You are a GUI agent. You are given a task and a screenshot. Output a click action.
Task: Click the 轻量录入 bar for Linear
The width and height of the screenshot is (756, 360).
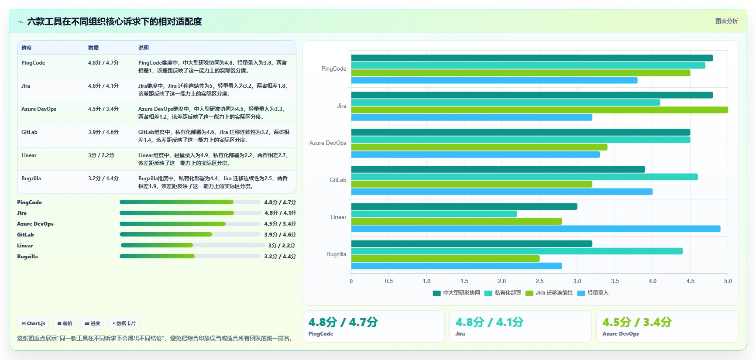click(x=536, y=229)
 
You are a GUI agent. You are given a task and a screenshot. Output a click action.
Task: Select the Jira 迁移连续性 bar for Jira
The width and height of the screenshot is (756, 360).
click(x=540, y=110)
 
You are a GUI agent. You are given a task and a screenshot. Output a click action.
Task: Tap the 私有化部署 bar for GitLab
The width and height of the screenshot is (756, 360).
click(x=524, y=177)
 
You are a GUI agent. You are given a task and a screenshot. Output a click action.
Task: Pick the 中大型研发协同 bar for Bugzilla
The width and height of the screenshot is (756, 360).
click(x=472, y=243)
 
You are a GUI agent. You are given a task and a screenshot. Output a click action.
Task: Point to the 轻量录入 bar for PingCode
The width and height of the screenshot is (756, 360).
click(x=494, y=80)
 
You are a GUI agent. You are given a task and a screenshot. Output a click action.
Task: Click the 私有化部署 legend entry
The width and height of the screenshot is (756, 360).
click(x=503, y=293)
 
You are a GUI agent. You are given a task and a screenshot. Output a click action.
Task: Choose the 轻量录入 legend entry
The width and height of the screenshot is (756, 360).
click(x=593, y=293)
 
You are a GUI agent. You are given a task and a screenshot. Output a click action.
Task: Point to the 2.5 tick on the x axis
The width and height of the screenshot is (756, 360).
click(x=540, y=281)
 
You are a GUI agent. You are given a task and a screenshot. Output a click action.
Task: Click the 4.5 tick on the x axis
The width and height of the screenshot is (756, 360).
click(x=690, y=281)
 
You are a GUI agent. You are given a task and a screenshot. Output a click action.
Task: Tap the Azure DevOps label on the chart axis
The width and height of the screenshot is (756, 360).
click(x=328, y=143)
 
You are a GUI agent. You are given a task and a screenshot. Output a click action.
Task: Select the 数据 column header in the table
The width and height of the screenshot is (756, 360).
click(x=93, y=48)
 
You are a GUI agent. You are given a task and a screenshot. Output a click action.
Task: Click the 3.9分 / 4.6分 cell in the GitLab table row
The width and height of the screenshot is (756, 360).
click(x=103, y=132)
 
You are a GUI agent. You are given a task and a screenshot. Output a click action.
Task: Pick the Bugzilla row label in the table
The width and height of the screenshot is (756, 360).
click(x=31, y=178)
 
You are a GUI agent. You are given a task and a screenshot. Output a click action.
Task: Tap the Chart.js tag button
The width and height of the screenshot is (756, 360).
click(x=33, y=323)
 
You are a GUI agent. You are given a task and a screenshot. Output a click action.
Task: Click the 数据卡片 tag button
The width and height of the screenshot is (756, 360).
click(x=124, y=323)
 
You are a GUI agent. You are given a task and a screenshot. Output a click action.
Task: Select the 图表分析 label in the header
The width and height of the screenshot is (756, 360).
click(x=726, y=21)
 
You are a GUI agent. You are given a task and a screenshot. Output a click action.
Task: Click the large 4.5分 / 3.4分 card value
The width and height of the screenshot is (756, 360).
click(x=637, y=322)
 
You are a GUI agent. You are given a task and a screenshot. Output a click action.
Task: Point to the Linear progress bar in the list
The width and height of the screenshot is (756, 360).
click(x=193, y=245)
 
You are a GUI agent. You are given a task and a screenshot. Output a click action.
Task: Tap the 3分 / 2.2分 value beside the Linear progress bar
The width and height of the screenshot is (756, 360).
click(x=282, y=246)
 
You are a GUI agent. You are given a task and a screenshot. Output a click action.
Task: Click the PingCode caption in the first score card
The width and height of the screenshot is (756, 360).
click(x=321, y=334)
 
